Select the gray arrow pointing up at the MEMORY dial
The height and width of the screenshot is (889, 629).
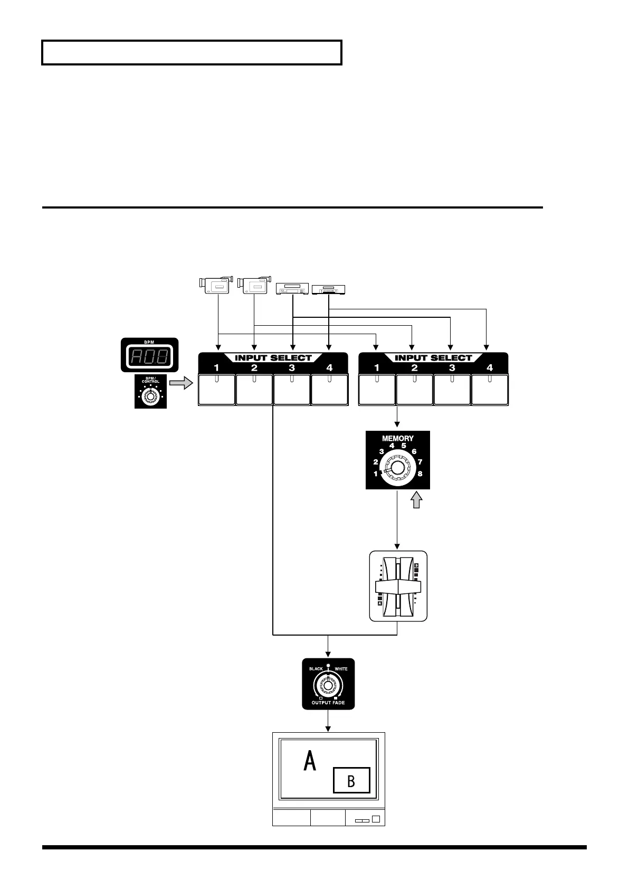tap(417, 499)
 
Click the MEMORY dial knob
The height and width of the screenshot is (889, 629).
tap(398, 468)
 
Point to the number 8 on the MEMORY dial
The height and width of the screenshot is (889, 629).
tap(420, 474)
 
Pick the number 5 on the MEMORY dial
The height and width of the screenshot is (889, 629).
tap(404, 446)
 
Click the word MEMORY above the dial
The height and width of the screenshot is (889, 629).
tap(398, 438)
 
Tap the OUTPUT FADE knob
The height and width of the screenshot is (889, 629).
tap(328, 685)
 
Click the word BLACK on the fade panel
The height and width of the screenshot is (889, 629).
tap(316, 669)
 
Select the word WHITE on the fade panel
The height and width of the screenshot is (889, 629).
tap(341, 669)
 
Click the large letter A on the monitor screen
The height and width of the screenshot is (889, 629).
tap(310, 762)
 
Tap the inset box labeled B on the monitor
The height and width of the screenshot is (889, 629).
tap(351, 780)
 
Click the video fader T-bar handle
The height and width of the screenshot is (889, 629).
tap(398, 587)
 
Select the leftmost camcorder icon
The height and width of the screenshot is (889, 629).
tap(216, 285)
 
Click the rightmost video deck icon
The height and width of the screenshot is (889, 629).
tap(327, 289)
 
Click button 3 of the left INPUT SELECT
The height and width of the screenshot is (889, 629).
tap(292, 389)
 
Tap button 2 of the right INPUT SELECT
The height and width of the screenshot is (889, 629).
tap(414, 389)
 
